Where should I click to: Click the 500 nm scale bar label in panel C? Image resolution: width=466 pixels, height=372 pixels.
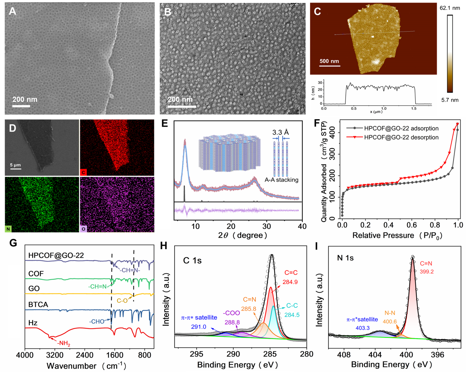(x=329, y=61)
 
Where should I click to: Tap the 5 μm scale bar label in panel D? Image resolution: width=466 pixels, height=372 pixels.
(x=15, y=165)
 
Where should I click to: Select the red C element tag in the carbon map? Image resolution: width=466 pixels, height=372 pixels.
(x=83, y=172)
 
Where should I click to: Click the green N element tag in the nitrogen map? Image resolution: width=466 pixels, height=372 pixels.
(x=8, y=229)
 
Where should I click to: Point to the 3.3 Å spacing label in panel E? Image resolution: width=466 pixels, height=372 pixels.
(x=281, y=132)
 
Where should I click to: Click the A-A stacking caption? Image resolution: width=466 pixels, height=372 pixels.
(x=282, y=180)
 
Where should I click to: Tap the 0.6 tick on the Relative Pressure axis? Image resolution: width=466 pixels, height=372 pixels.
(x=412, y=225)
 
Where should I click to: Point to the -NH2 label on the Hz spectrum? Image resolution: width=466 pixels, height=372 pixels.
(x=63, y=343)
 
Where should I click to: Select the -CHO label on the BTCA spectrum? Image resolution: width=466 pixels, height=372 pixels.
(x=97, y=321)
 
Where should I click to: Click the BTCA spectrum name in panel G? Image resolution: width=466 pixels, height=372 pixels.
(x=38, y=304)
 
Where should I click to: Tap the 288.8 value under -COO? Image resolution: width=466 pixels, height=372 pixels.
(x=232, y=322)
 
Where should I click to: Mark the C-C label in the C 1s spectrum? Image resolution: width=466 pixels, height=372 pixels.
(x=292, y=306)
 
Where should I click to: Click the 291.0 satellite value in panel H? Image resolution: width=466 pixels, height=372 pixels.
(x=199, y=327)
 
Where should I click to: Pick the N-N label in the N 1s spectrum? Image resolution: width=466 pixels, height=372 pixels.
(x=390, y=313)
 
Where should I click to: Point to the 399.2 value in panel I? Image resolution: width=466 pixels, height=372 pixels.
(x=427, y=272)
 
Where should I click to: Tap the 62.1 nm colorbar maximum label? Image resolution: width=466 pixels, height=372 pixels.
(x=450, y=8)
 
